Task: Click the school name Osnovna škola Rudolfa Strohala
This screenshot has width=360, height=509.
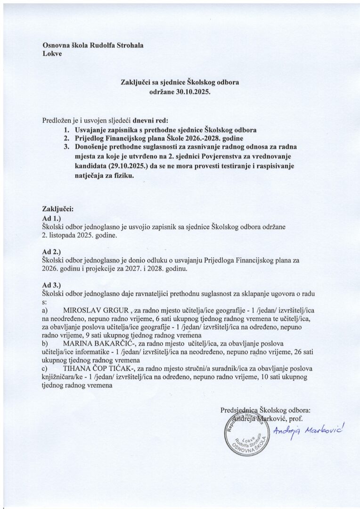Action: (x=87, y=45)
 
